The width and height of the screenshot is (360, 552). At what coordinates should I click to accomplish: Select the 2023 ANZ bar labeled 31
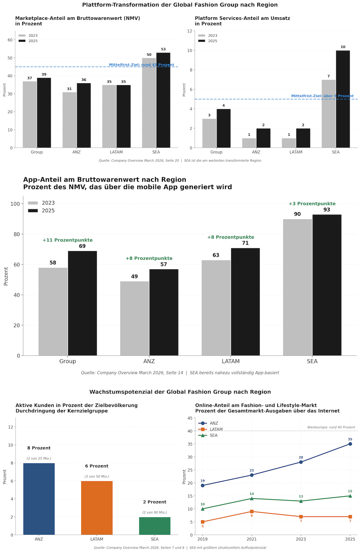click(69, 120)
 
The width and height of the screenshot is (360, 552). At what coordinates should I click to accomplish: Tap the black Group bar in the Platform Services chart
click(223, 128)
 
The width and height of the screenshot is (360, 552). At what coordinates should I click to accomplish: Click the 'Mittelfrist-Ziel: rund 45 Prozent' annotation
click(141, 65)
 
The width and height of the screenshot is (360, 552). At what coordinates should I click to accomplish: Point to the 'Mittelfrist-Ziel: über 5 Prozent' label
click(322, 96)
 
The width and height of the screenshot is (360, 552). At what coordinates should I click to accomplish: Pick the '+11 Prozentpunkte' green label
click(67, 240)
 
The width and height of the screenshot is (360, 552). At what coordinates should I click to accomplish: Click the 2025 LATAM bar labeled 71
click(245, 302)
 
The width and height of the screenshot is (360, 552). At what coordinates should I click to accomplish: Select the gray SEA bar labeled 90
click(297, 287)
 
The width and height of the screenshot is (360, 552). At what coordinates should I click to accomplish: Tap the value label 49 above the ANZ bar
click(135, 277)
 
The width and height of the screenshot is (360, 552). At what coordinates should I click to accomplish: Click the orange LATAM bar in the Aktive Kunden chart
click(97, 508)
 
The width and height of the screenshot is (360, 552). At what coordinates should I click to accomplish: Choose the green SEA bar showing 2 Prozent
click(155, 526)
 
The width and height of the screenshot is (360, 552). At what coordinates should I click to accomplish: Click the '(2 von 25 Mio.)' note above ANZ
click(39, 459)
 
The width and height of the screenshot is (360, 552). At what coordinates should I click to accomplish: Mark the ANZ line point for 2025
click(350, 444)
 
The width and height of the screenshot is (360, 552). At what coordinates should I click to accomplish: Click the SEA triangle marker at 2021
click(252, 499)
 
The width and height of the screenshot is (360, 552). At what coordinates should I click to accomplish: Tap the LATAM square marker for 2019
click(202, 522)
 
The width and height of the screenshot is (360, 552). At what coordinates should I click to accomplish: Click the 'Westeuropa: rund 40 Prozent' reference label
click(331, 427)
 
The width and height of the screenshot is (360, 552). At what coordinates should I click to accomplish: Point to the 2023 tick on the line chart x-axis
click(301, 539)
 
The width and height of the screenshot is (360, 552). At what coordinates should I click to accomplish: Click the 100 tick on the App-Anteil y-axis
click(15, 204)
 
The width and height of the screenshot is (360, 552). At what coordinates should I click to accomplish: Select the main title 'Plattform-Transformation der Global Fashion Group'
click(180, 5)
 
